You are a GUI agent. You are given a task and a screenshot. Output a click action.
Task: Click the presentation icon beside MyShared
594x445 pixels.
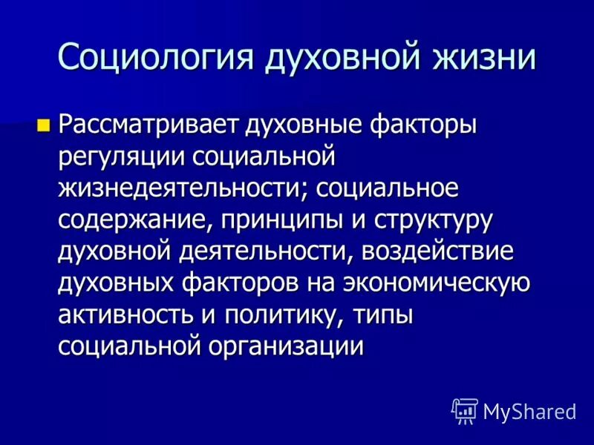464,411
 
